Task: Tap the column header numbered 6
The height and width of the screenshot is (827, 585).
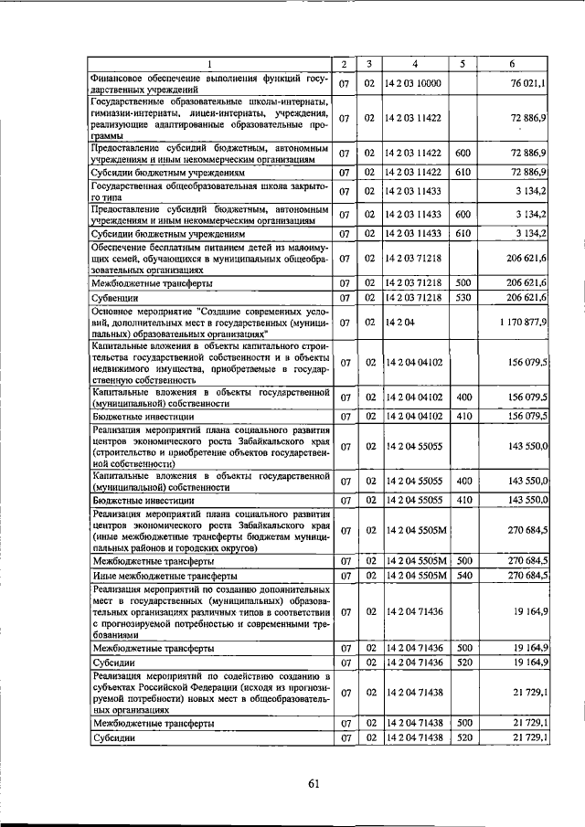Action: [516, 64]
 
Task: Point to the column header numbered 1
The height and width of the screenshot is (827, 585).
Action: [209, 64]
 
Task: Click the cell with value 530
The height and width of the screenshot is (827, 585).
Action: [463, 297]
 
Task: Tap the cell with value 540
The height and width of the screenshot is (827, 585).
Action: [463, 577]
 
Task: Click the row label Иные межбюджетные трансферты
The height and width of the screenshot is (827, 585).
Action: [165, 577]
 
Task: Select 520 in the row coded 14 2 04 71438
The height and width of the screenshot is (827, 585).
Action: [463, 738]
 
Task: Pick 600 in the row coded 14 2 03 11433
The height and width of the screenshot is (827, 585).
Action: [463, 215]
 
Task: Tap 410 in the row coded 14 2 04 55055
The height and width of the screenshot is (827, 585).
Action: [463, 500]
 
